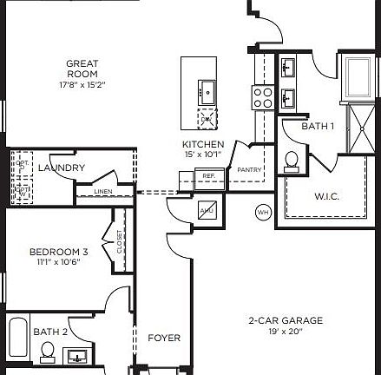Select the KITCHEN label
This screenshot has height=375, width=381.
click(203, 144)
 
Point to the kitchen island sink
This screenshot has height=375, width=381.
click(207, 89)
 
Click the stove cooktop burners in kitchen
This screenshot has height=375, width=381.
click(263, 97)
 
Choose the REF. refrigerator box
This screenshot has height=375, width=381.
click(208, 176)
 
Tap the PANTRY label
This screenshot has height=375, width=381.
click(250, 169)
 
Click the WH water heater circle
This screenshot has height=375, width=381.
click(263, 212)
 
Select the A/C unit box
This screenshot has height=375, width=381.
click(207, 209)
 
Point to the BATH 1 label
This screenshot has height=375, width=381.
click(318, 127)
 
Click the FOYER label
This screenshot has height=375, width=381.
click(164, 338)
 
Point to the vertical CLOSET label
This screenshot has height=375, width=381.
click(120, 243)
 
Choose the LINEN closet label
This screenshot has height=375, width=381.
click(103, 191)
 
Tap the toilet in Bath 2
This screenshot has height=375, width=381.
click(48, 352)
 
